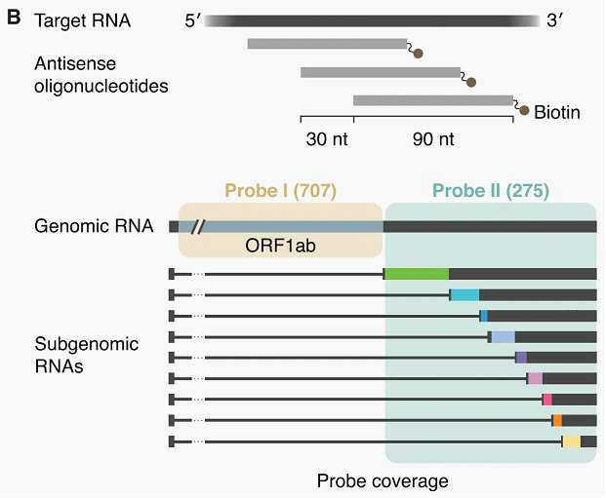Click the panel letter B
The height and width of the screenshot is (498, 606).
click(14, 18)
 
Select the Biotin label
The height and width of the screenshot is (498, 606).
click(557, 112)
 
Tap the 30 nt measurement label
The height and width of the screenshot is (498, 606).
click(327, 139)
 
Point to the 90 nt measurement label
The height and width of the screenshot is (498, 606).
click(433, 139)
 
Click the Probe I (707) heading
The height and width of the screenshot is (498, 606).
click(281, 191)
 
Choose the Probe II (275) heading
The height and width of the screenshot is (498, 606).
click(491, 191)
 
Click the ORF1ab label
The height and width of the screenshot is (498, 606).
click(280, 246)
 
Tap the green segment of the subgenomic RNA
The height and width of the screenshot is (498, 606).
click(417, 274)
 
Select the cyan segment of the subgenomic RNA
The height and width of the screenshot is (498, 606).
click(465, 295)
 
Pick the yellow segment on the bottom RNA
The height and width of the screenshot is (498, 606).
click(572, 441)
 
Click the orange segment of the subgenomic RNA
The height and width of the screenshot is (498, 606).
click(557, 420)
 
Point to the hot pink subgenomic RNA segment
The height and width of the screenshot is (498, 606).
click(547, 400)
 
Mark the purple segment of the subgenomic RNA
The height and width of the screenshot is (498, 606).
click(522, 358)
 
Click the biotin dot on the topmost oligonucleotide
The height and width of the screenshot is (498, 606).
click(419, 54)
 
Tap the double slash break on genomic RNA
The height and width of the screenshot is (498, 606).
click(197, 227)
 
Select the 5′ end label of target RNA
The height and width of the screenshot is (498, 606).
click(192, 20)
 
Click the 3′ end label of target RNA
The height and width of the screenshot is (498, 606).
click(554, 20)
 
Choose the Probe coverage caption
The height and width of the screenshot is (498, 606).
click(383, 481)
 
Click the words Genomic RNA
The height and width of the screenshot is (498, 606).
click(94, 226)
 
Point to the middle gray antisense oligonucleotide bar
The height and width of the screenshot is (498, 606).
click(381, 72)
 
